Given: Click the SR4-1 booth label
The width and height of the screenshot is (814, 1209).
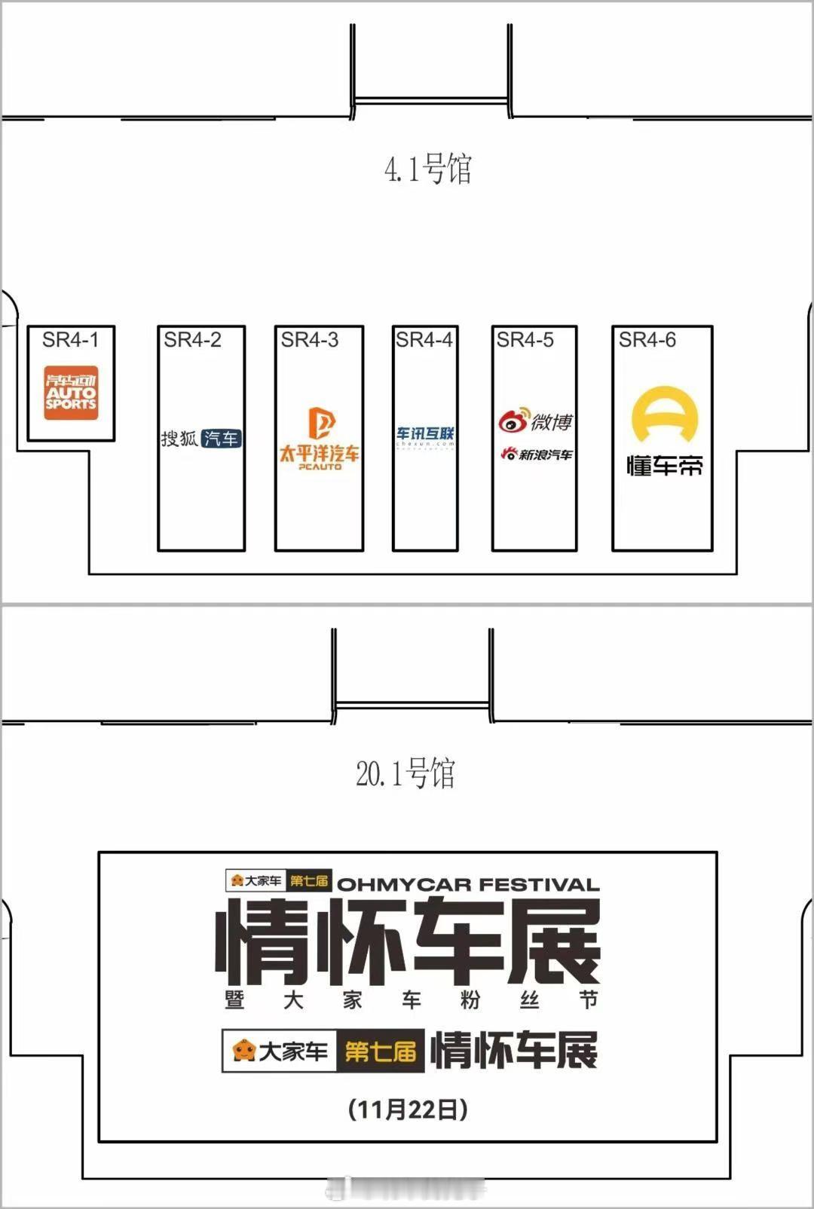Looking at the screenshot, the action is click(70, 340).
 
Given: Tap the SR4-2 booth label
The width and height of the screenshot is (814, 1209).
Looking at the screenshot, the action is click(192, 340).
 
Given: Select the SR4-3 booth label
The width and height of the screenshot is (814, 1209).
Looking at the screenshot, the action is click(310, 340).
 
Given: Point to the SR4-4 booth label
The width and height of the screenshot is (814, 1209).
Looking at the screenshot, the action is click(424, 340).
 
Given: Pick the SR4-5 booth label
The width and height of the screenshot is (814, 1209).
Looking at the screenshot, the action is click(525, 340).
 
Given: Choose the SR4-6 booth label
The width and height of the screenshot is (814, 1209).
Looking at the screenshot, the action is click(647, 340).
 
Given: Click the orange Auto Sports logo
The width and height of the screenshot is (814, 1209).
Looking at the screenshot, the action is click(71, 393).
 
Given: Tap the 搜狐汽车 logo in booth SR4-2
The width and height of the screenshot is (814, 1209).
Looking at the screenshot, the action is click(200, 438).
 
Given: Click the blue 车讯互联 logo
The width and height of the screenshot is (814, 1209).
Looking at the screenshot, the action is click(425, 435).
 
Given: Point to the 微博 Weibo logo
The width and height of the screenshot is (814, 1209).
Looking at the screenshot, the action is click(536, 421).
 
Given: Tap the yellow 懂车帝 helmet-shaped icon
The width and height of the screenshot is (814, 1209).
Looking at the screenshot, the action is click(664, 415).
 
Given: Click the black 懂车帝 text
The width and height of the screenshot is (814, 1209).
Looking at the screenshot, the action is click(664, 466).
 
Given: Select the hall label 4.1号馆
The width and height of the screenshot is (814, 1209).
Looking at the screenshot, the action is click(427, 169).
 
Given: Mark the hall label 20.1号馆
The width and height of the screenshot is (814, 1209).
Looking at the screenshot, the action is click(405, 773).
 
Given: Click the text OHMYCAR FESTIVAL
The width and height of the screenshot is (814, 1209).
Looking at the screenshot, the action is click(468, 884).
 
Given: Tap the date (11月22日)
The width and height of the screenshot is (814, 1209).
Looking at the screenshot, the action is click(408, 1109).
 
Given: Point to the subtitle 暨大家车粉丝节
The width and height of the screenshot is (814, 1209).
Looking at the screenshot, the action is click(411, 1000).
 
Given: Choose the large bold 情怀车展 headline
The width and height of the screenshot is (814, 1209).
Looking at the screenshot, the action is click(408, 941).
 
